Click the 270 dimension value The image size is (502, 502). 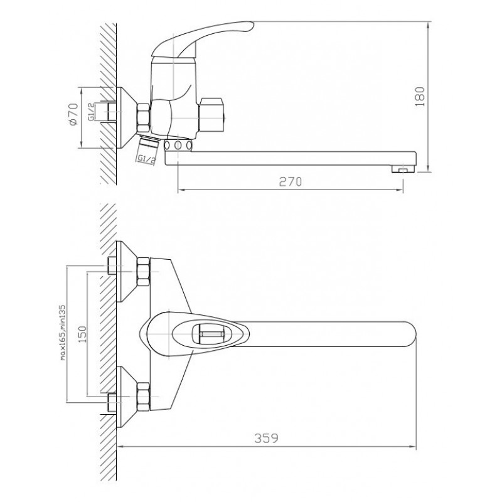(291, 182)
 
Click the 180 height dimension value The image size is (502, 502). (420, 97)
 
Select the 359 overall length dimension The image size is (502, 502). (266, 438)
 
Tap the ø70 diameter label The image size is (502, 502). (73, 114)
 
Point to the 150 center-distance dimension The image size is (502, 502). (83, 334)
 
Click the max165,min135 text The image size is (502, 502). (62, 333)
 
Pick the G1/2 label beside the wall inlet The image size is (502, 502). (91, 112)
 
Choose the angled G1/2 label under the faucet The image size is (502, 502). (146, 159)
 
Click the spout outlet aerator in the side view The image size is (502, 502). (402, 169)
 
